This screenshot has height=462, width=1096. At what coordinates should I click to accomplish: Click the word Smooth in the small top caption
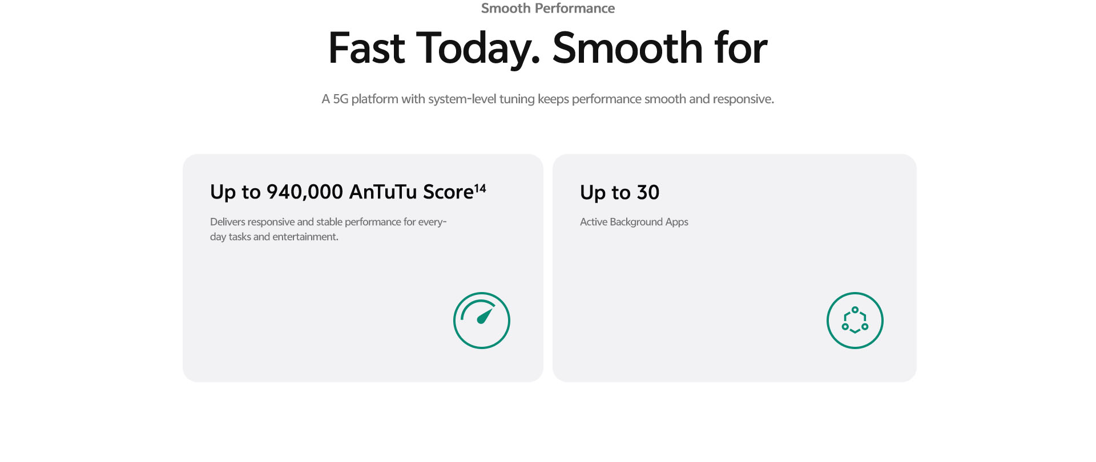pyautogui.click(x=506, y=8)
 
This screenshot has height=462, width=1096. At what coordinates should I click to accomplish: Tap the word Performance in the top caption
pyautogui.click(x=575, y=8)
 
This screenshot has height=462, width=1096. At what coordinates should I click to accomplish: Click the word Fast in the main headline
pyautogui.click(x=366, y=48)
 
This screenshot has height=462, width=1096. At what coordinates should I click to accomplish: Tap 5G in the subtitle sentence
pyautogui.click(x=340, y=99)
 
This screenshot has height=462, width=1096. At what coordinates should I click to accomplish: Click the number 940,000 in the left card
pyautogui.click(x=305, y=192)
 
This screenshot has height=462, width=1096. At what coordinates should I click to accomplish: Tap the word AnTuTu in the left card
pyautogui.click(x=383, y=192)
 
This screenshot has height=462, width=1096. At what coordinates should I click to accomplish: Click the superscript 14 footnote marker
pyautogui.click(x=480, y=188)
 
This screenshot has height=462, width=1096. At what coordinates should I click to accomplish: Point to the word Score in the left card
pyautogui.click(x=448, y=192)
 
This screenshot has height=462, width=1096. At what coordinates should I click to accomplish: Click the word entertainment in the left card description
pyautogui.click(x=304, y=237)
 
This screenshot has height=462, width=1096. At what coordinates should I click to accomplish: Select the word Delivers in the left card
pyautogui.click(x=228, y=222)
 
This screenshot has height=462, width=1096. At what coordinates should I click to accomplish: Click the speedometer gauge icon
pyautogui.click(x=482, y=321)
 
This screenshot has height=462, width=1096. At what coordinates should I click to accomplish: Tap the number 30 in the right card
pyautogui.click(x=648, y=193)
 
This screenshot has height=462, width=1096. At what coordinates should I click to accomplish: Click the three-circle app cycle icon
pyautogui.click(x=855, y=321)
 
